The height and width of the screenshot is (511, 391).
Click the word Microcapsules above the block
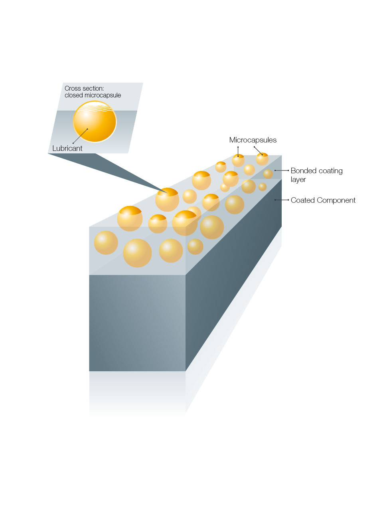(253, 140)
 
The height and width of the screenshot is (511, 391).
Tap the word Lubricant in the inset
(67, 149)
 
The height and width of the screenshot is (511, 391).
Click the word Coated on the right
(303, 200)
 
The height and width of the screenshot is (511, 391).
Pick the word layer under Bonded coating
(298, 180)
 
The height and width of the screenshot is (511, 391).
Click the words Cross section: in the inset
(84, 88)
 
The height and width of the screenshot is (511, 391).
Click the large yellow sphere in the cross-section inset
(95, 122)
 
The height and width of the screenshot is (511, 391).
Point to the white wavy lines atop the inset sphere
(95, 107)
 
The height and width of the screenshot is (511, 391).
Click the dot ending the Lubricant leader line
(87, 129)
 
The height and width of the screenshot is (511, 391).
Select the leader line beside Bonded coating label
(282, 170)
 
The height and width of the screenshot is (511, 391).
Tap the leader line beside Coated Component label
(282, 200)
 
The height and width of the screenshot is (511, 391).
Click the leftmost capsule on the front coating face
(106, 243)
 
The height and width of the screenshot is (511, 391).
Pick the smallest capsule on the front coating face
(195, 247)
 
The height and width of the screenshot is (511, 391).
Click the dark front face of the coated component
(137, 323)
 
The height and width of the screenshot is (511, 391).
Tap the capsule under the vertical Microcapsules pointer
(238, 160)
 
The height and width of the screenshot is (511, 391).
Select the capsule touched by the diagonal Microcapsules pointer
(262, 159)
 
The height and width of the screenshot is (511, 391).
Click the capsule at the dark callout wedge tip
(167, 200)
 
